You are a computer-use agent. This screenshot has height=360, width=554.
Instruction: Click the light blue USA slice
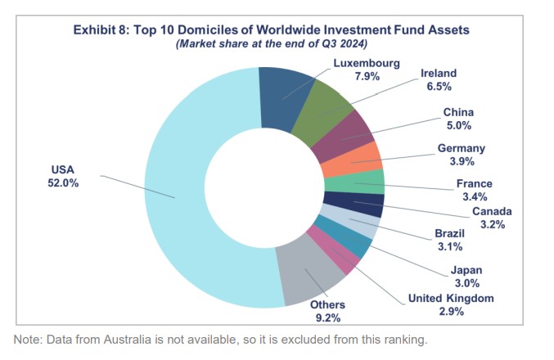coord(164,196)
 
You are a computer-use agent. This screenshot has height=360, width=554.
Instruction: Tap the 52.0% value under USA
coord(63,183)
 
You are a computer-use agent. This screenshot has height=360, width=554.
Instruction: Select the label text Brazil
coord(450,233)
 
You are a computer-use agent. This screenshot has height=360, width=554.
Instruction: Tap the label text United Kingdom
coord(451,298)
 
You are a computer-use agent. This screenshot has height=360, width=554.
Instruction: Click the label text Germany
coord(463,148)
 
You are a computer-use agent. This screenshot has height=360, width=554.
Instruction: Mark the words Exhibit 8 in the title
coord(102,30)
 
